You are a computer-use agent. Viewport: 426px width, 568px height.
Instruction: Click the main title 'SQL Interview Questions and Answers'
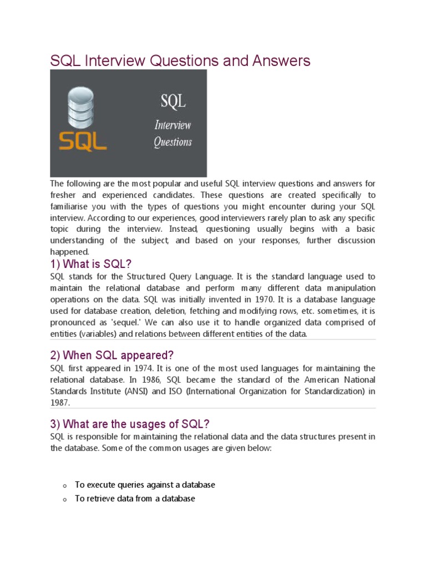point(180,60)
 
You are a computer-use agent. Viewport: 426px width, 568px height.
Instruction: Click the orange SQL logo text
point(83,141)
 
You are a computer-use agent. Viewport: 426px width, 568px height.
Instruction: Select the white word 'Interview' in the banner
point(173,124)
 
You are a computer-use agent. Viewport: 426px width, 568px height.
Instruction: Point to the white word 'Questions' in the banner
point(173,142)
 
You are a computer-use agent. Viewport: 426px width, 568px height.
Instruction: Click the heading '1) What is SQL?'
point(91,263)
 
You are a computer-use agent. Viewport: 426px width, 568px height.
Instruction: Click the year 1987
point(59,403)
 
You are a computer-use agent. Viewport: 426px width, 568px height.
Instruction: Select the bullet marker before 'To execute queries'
point(65,486)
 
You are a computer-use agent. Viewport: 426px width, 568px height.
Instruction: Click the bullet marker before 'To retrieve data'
point(65,500)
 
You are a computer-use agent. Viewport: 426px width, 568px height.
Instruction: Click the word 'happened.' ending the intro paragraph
point(66,252)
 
